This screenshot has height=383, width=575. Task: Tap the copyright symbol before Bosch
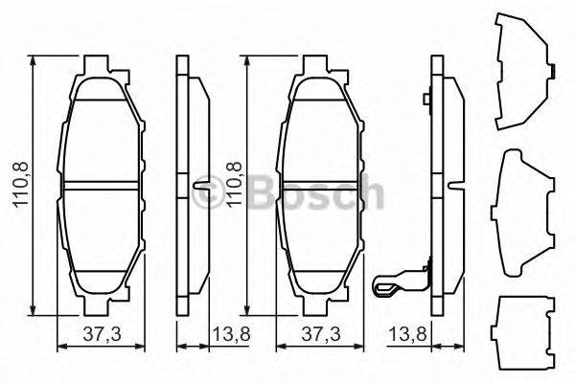click(206, 196)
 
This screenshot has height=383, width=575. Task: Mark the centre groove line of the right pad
click(321, 185)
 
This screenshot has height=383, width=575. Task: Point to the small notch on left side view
click(198, 184)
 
